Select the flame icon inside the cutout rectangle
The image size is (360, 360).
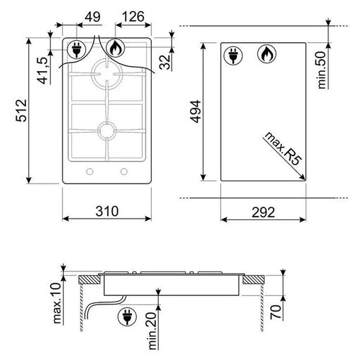[266, 55]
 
